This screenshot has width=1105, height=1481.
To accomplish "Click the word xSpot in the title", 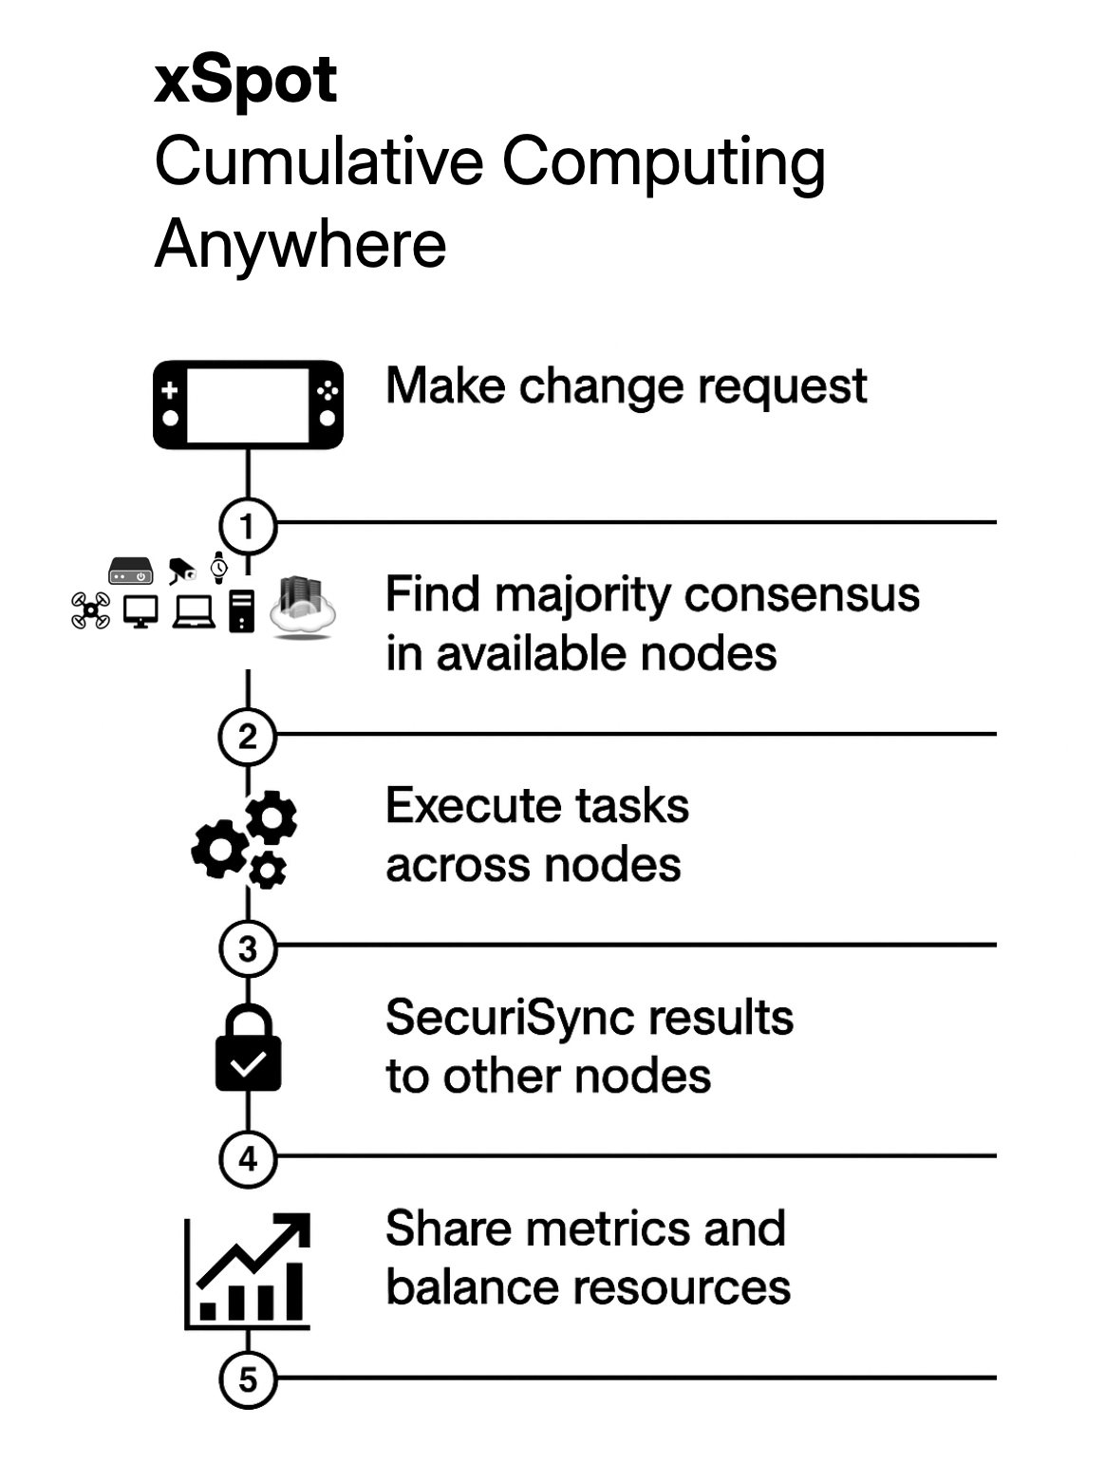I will click(245, 80).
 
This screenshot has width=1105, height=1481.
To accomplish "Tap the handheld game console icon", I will click(248, 404).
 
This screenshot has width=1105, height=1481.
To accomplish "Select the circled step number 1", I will click(248, 525).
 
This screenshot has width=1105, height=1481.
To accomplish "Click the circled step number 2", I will click(248, 737).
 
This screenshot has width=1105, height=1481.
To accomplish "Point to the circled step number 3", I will click(248, 948).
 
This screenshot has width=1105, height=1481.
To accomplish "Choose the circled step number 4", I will click(248, 1159).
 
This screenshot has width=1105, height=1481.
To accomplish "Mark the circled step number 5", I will click(248, 1379).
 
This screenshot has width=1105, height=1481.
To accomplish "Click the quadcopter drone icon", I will click(90, 610).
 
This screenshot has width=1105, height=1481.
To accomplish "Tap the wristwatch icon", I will click(219, 568).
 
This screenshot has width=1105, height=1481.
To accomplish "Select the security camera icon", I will click(181, 571).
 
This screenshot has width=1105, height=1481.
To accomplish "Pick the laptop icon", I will click(195, 611).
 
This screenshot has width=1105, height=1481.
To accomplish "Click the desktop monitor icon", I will click(141, 611).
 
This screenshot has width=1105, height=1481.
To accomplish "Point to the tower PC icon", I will click(242, 610).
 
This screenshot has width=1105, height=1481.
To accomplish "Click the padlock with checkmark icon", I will click(248, 1048).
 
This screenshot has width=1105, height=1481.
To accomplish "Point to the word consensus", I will click(801, 595).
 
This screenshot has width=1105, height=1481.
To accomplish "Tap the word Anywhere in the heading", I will click(300, 244).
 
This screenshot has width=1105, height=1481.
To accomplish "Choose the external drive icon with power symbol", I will click(130, 572).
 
